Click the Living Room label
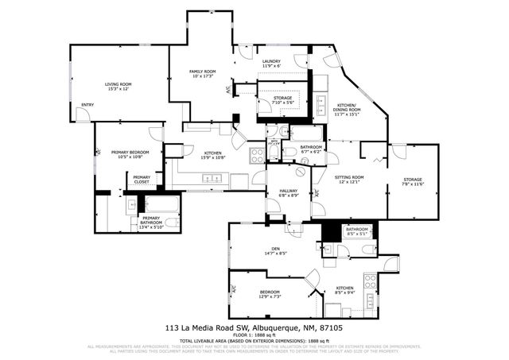[x=118, y=87]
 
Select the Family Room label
[x=202, y=74]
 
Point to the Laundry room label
[x=270, y=63]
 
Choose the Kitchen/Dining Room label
[x=347, y=111]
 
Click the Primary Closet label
[x=142, y=180]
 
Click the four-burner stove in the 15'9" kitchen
[x=258, y=155]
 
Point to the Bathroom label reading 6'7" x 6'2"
[x=311, y=149]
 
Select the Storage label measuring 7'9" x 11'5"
[x=412, y=182]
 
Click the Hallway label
[x=287, y=193]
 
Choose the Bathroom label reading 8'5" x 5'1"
[x=357, y=231]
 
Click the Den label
[x=276, y=252]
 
